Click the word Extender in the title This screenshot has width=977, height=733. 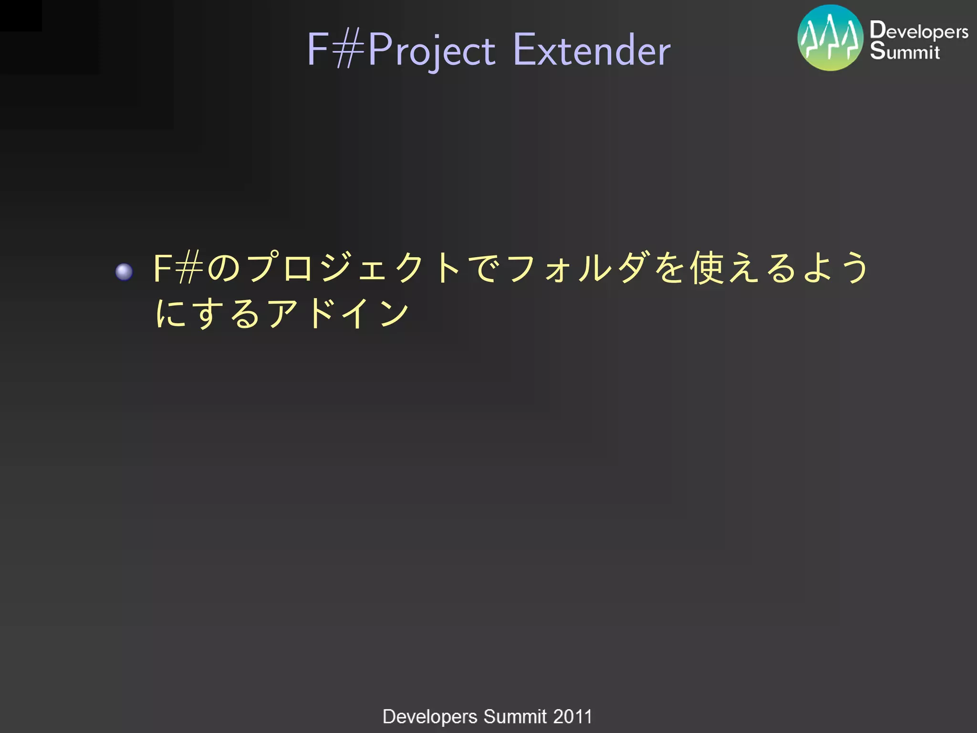592,50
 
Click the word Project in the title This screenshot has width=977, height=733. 431,50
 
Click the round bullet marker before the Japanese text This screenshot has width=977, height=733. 124,272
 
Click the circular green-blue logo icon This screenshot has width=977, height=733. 830,38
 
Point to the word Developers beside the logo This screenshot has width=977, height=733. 919,31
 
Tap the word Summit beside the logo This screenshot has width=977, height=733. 904,51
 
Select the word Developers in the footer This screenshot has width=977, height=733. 430,716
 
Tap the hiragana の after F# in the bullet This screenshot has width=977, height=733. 224,268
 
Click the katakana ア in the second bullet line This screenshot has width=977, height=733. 282,314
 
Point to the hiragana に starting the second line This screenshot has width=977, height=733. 171,314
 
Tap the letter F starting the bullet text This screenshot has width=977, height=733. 162,268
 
